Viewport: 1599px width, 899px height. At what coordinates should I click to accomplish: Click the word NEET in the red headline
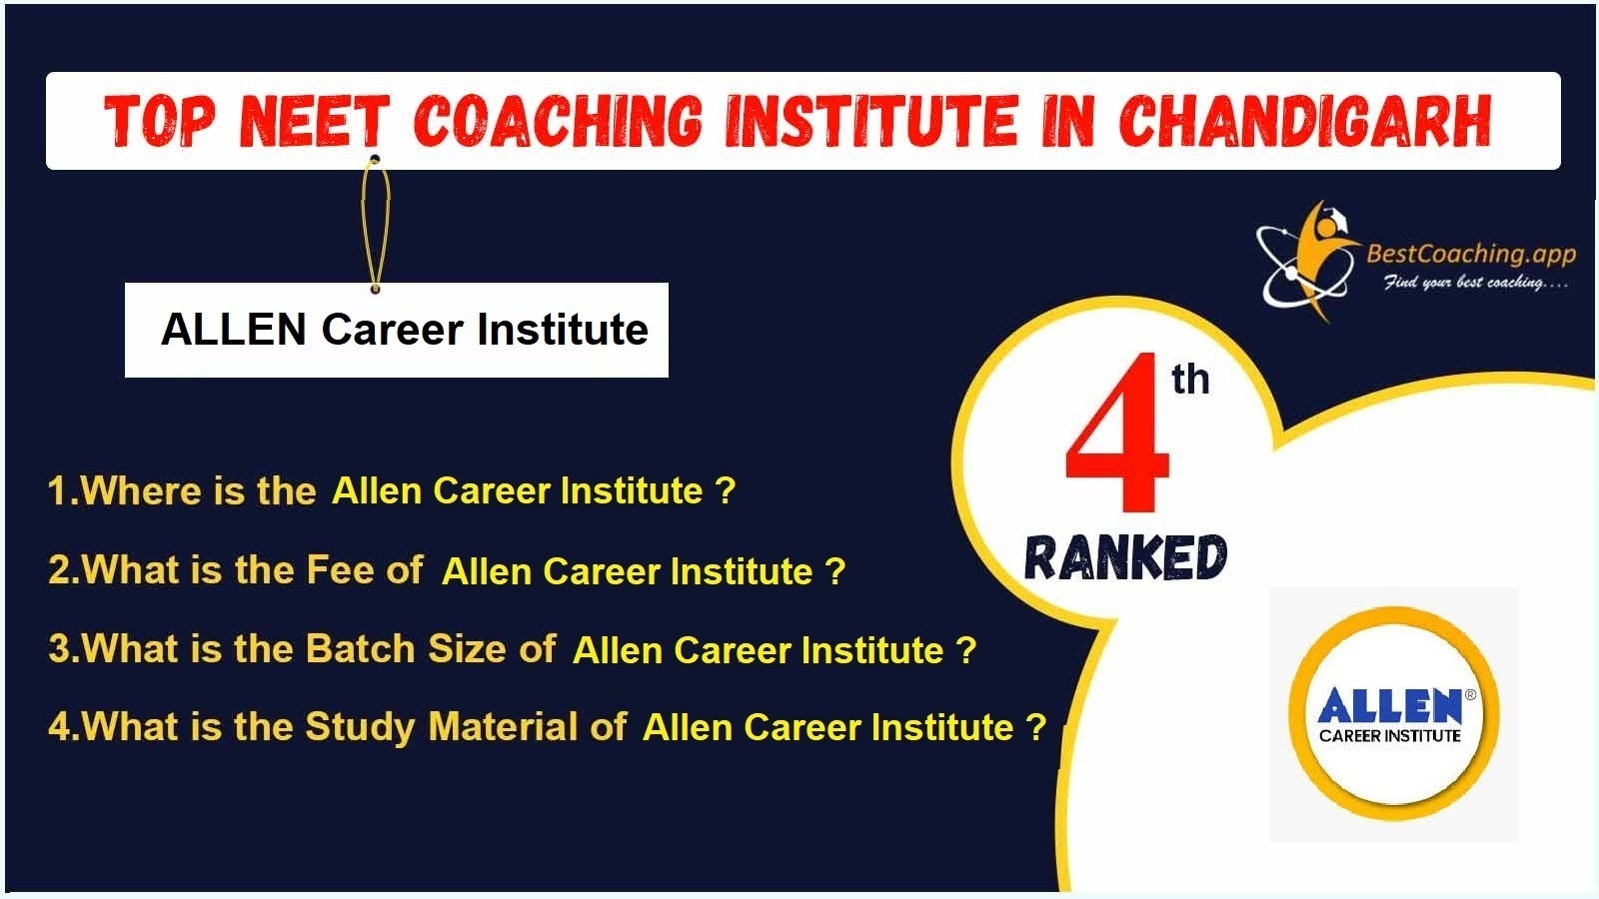click(x=314, y=121)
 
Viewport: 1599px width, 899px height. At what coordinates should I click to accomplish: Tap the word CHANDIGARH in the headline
click(x=1304, y=121)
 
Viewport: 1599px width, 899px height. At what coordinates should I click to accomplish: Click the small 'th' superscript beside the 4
click(x=1190, y=380)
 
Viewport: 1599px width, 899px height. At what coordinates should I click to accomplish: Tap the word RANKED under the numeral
click(x=1125, y=557)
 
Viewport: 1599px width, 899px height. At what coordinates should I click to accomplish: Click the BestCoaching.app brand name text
click(x=1470, y=254)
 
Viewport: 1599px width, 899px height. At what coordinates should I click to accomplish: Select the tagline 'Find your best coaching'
click(x=1476, y=283)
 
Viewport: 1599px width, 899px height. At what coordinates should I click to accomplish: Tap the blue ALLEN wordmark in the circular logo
click(x=1389, y=705)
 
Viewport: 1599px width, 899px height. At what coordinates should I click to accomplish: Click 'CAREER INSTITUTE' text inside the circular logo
click(x=1390, y=735)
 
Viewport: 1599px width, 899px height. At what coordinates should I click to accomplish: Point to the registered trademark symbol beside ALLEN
click(x=1470, y=694)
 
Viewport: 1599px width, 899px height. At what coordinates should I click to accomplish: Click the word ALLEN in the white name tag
click(x=234, y=330)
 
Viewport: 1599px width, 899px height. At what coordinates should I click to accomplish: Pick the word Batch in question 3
click(x=361, y=648)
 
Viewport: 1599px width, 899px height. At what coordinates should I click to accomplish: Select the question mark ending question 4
click(x=1035, y=728)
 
